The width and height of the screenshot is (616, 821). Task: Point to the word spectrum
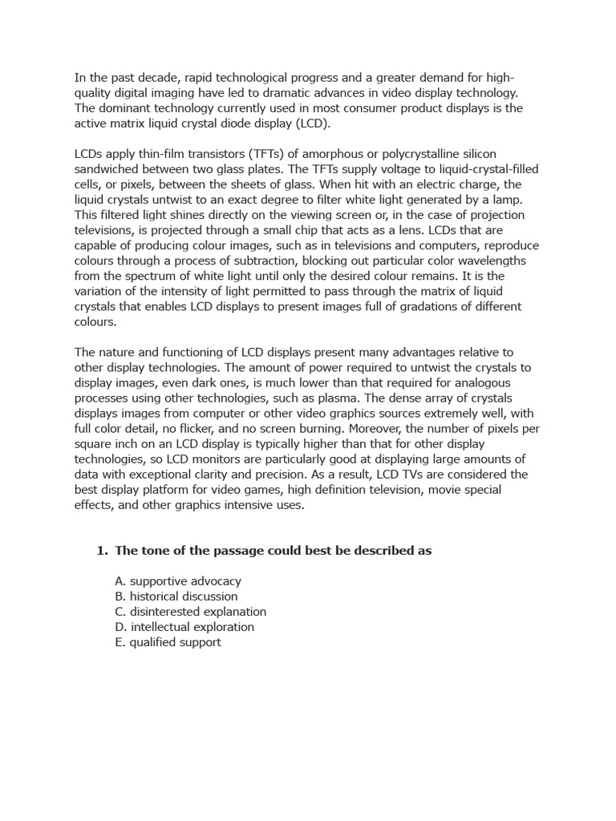[129, 276]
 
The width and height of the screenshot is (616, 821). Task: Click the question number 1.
[101, 551]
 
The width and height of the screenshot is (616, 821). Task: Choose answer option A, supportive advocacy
[178, 581]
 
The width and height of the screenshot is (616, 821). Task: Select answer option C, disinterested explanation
[191, 612]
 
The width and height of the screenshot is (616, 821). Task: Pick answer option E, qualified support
[168, 642]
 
